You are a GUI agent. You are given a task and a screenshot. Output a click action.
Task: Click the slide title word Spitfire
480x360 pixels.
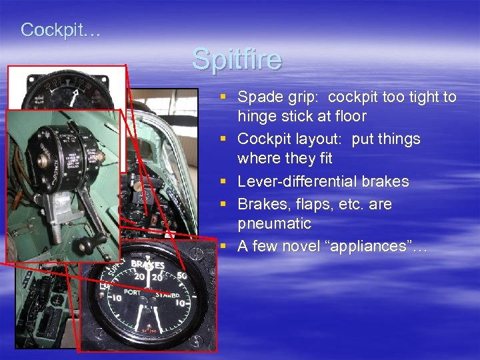[x=237, y=59]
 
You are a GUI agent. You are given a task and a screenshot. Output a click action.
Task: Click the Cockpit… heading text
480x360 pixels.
[x=60, y=29]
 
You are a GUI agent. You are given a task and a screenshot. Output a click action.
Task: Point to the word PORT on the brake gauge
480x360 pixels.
[x=135, y=291]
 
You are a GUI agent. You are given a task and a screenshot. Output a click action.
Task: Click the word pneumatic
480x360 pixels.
[x=274, y=223]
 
